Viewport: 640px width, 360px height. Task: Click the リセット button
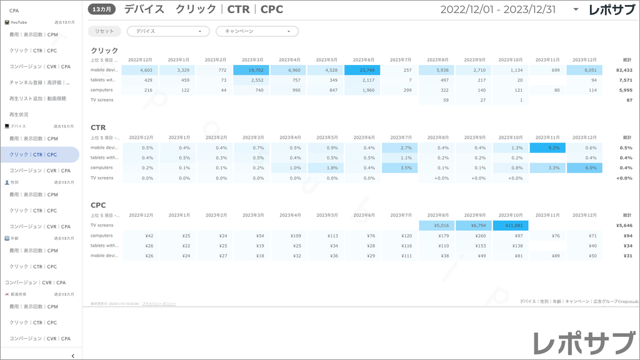click(104, 31)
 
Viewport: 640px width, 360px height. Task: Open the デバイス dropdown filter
click(168, 31)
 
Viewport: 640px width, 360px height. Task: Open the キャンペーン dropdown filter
click(257, 31)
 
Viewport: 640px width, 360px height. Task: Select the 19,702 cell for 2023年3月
click(251, 70)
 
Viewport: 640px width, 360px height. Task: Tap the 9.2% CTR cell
click(547, 147)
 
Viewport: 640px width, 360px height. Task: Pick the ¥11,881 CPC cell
click(511, 225)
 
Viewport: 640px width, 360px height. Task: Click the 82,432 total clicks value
click(624, 70)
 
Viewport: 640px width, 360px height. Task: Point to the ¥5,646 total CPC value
click(624, 225)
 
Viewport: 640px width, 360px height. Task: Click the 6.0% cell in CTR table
click(584, 167)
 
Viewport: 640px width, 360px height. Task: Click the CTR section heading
click(98, 127)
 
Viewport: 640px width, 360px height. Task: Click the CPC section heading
click(98, 205)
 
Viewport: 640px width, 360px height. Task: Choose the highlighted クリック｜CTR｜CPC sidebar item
click(34, 154)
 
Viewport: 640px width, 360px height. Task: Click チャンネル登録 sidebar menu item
click(39, 82)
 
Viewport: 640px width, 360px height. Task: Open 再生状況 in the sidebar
click(19, 114)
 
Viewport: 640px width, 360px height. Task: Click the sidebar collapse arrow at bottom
click(73, 356)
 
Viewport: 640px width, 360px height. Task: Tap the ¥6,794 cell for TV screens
click(474, 225)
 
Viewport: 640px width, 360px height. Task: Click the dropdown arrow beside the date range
click(576, 10)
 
